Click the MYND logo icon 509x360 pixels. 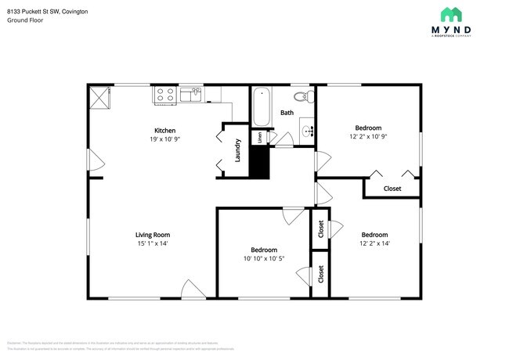[x=450, y=16]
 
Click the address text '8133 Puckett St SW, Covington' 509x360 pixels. [x=47, y=13]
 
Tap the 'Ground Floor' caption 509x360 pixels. [x=25, y=21]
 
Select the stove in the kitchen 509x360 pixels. [x=164, y=95]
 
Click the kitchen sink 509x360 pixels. [x=191, y=95]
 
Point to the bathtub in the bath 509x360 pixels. [x=262, y=107]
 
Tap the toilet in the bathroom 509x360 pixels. [x=301, y=97]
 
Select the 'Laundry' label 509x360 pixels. [x=237, y=151]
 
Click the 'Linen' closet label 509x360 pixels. [x=258, y=137]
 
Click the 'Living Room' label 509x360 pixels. [x=153, y=234]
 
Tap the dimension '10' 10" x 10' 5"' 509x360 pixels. [x=263, y=258]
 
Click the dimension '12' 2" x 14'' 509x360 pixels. [x=374, y=243]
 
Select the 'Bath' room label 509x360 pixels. [x=287, y=113]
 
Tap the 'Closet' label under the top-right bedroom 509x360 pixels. [x=392, y=189]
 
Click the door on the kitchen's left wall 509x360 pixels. [x=93, y=163]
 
